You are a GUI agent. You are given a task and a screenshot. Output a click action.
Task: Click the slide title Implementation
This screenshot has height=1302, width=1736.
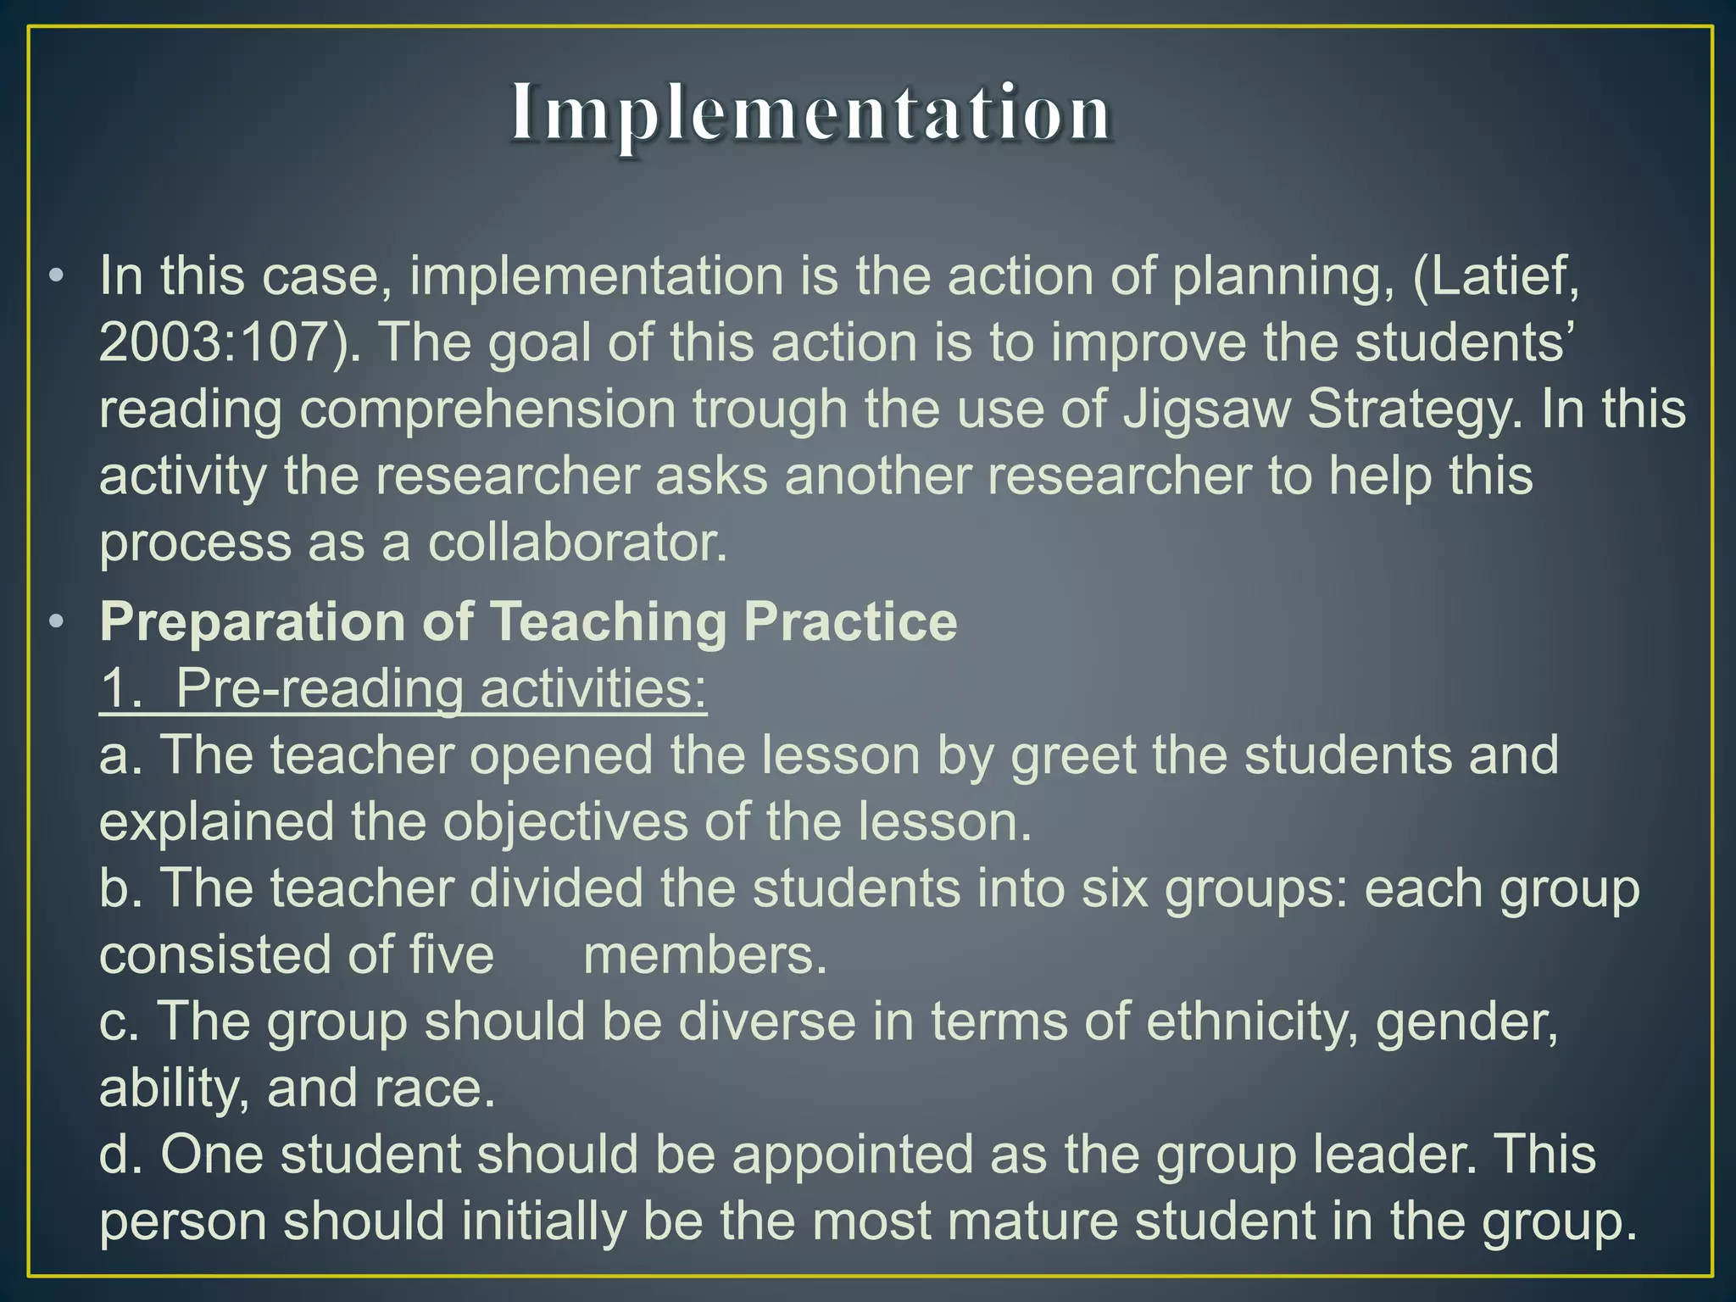click(810, 114)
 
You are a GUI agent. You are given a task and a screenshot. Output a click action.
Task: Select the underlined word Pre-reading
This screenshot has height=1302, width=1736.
click(320, 687)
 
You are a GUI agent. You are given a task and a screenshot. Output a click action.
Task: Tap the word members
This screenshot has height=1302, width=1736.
click(704, 955)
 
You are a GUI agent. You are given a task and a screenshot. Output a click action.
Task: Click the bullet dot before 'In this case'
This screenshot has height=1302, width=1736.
click(57, 277)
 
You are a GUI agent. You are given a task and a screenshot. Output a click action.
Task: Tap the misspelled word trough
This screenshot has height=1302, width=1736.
click(771, 410)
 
